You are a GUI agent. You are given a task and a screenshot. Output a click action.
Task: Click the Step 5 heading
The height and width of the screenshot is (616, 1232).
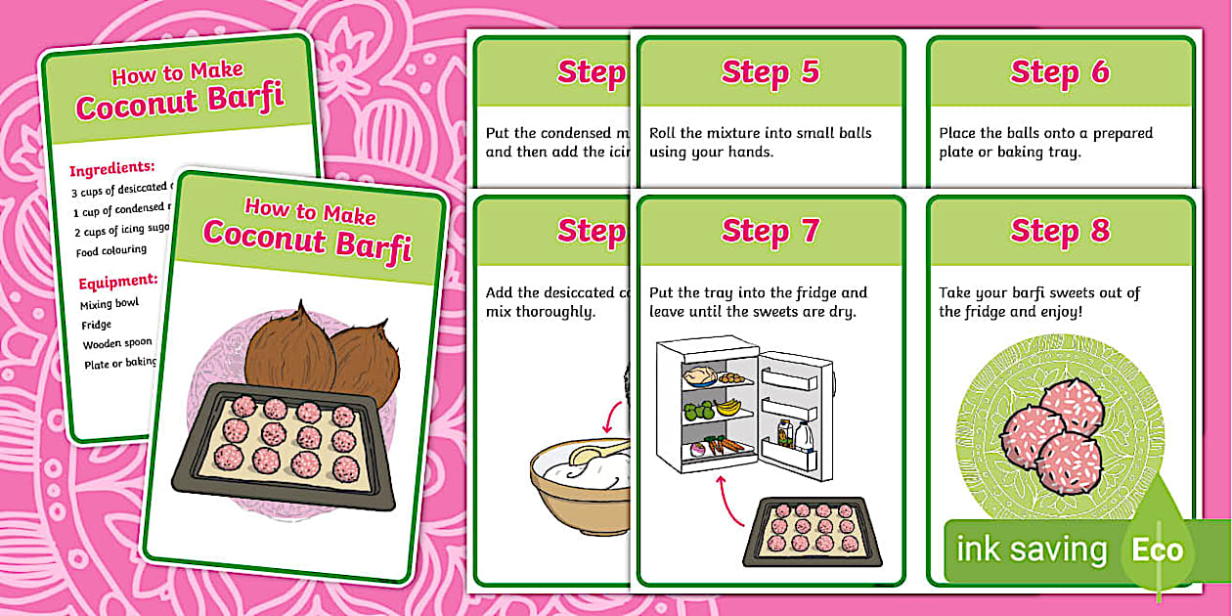click(x=770, y=72)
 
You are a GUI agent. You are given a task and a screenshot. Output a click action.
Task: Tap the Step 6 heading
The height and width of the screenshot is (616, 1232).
click(x=1060, y=72)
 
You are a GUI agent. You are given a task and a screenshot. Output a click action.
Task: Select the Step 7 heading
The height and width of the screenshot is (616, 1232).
click(x=770, y=232)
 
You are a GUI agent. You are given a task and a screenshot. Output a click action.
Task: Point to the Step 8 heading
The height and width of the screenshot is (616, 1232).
click(x=1060, y=232)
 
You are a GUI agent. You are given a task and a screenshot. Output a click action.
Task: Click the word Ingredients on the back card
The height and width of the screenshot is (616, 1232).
click(x=112, y=168)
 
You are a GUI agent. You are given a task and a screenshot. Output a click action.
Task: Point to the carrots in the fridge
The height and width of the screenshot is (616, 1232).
click(x=727, y=446)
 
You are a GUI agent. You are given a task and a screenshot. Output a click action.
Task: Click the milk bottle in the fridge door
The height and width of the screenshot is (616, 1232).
click(x=804, y=434)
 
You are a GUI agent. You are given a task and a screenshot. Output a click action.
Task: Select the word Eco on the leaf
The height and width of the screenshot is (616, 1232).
click(x=1157, y=550)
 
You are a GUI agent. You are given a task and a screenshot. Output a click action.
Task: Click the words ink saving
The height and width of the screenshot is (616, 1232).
click(x=1031, y=550)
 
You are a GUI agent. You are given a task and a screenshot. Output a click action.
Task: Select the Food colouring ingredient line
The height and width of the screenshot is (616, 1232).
click(x=110, y=251)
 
